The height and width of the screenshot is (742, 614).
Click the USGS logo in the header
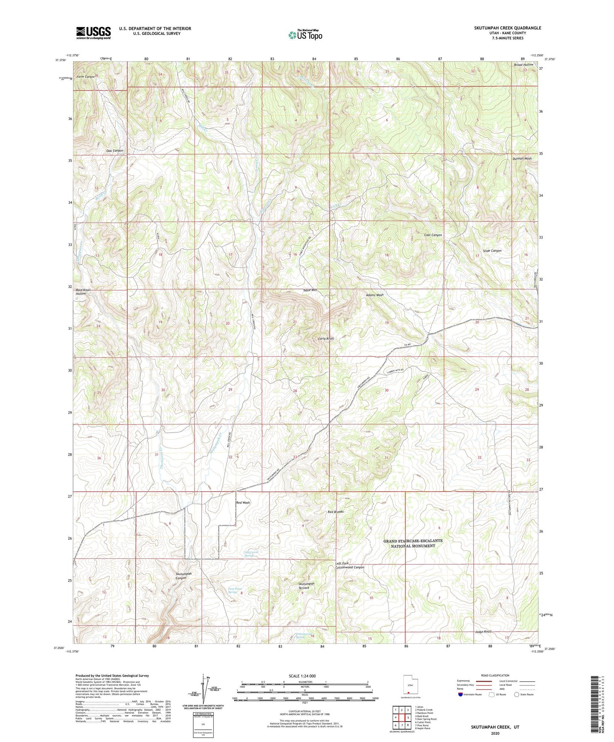pyautogui.click(x=93, y=33)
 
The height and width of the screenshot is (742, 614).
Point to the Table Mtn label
pyautogui.click(x=310, y=290)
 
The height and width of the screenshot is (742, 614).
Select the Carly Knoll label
pyautogui.click(x=326, y=339)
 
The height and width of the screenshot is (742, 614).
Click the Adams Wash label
pyautogui.click(x=375, y=295)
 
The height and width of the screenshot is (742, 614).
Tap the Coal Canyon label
pyautogui.click(x=433, y=235)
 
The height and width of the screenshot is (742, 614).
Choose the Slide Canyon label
pyautogui.click(x=492, y=251)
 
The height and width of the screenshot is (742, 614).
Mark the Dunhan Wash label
pyautogui.click(x=522, y=159)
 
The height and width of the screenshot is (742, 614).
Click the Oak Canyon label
pyautogui.click(x=115, y=151)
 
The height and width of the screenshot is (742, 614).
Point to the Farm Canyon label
pyautogui.click(x=86, y=77)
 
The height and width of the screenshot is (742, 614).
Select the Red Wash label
pyautogui.click(x=243, y=503)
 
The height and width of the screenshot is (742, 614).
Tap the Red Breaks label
pyautogui.click(x=335, y=512)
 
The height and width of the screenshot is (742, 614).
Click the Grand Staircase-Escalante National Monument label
pyautogui.click(x=413, y=543)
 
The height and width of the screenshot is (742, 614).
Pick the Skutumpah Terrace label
pyautogui.click(x=306, y=586)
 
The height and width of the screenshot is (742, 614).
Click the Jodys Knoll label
pyautogui.click(x=483, y=632)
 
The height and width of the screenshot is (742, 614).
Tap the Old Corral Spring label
pyautogui.click(x=251, y=554)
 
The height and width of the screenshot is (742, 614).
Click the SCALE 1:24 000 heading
pyautogui.click(x=302, y=676)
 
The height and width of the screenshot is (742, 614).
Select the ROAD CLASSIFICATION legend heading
pyautogui.click(x=495, y=675)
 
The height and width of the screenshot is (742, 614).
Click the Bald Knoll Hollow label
pyautogui.click(x=83, y=292)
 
